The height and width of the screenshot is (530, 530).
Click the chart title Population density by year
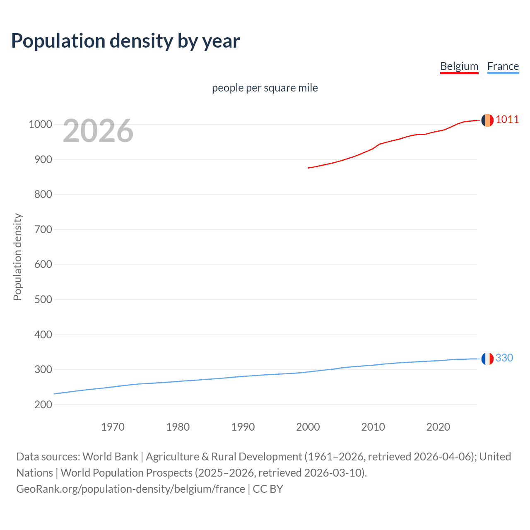point(125,41)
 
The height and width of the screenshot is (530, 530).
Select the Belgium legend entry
point(459,66)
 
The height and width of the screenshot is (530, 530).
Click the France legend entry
point(503,66)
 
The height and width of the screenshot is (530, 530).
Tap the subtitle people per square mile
point(265,88)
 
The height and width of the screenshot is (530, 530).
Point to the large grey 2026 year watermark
point(98,131)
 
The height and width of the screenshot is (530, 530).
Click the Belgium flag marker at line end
point(487,120)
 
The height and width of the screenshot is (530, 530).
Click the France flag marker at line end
point(487,359)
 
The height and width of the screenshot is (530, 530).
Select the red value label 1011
point(507,120)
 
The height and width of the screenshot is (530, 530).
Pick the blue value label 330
point(504,358)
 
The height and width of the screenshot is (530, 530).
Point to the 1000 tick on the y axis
point(40,124)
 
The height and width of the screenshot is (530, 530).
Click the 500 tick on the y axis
point(43,299)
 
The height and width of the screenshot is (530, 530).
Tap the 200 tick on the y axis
point(43,405)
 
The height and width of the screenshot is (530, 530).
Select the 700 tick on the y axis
point(43,229)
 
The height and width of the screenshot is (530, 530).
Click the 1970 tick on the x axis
point(113,427)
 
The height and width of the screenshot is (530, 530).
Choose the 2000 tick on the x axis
point(308,427)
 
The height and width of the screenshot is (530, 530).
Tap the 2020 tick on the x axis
point(438,427)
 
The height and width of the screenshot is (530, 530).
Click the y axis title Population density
point(17,257)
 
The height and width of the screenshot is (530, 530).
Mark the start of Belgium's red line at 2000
point(308,168)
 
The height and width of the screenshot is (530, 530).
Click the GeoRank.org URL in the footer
point(130,489)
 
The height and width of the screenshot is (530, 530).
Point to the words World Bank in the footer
point(110,457)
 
